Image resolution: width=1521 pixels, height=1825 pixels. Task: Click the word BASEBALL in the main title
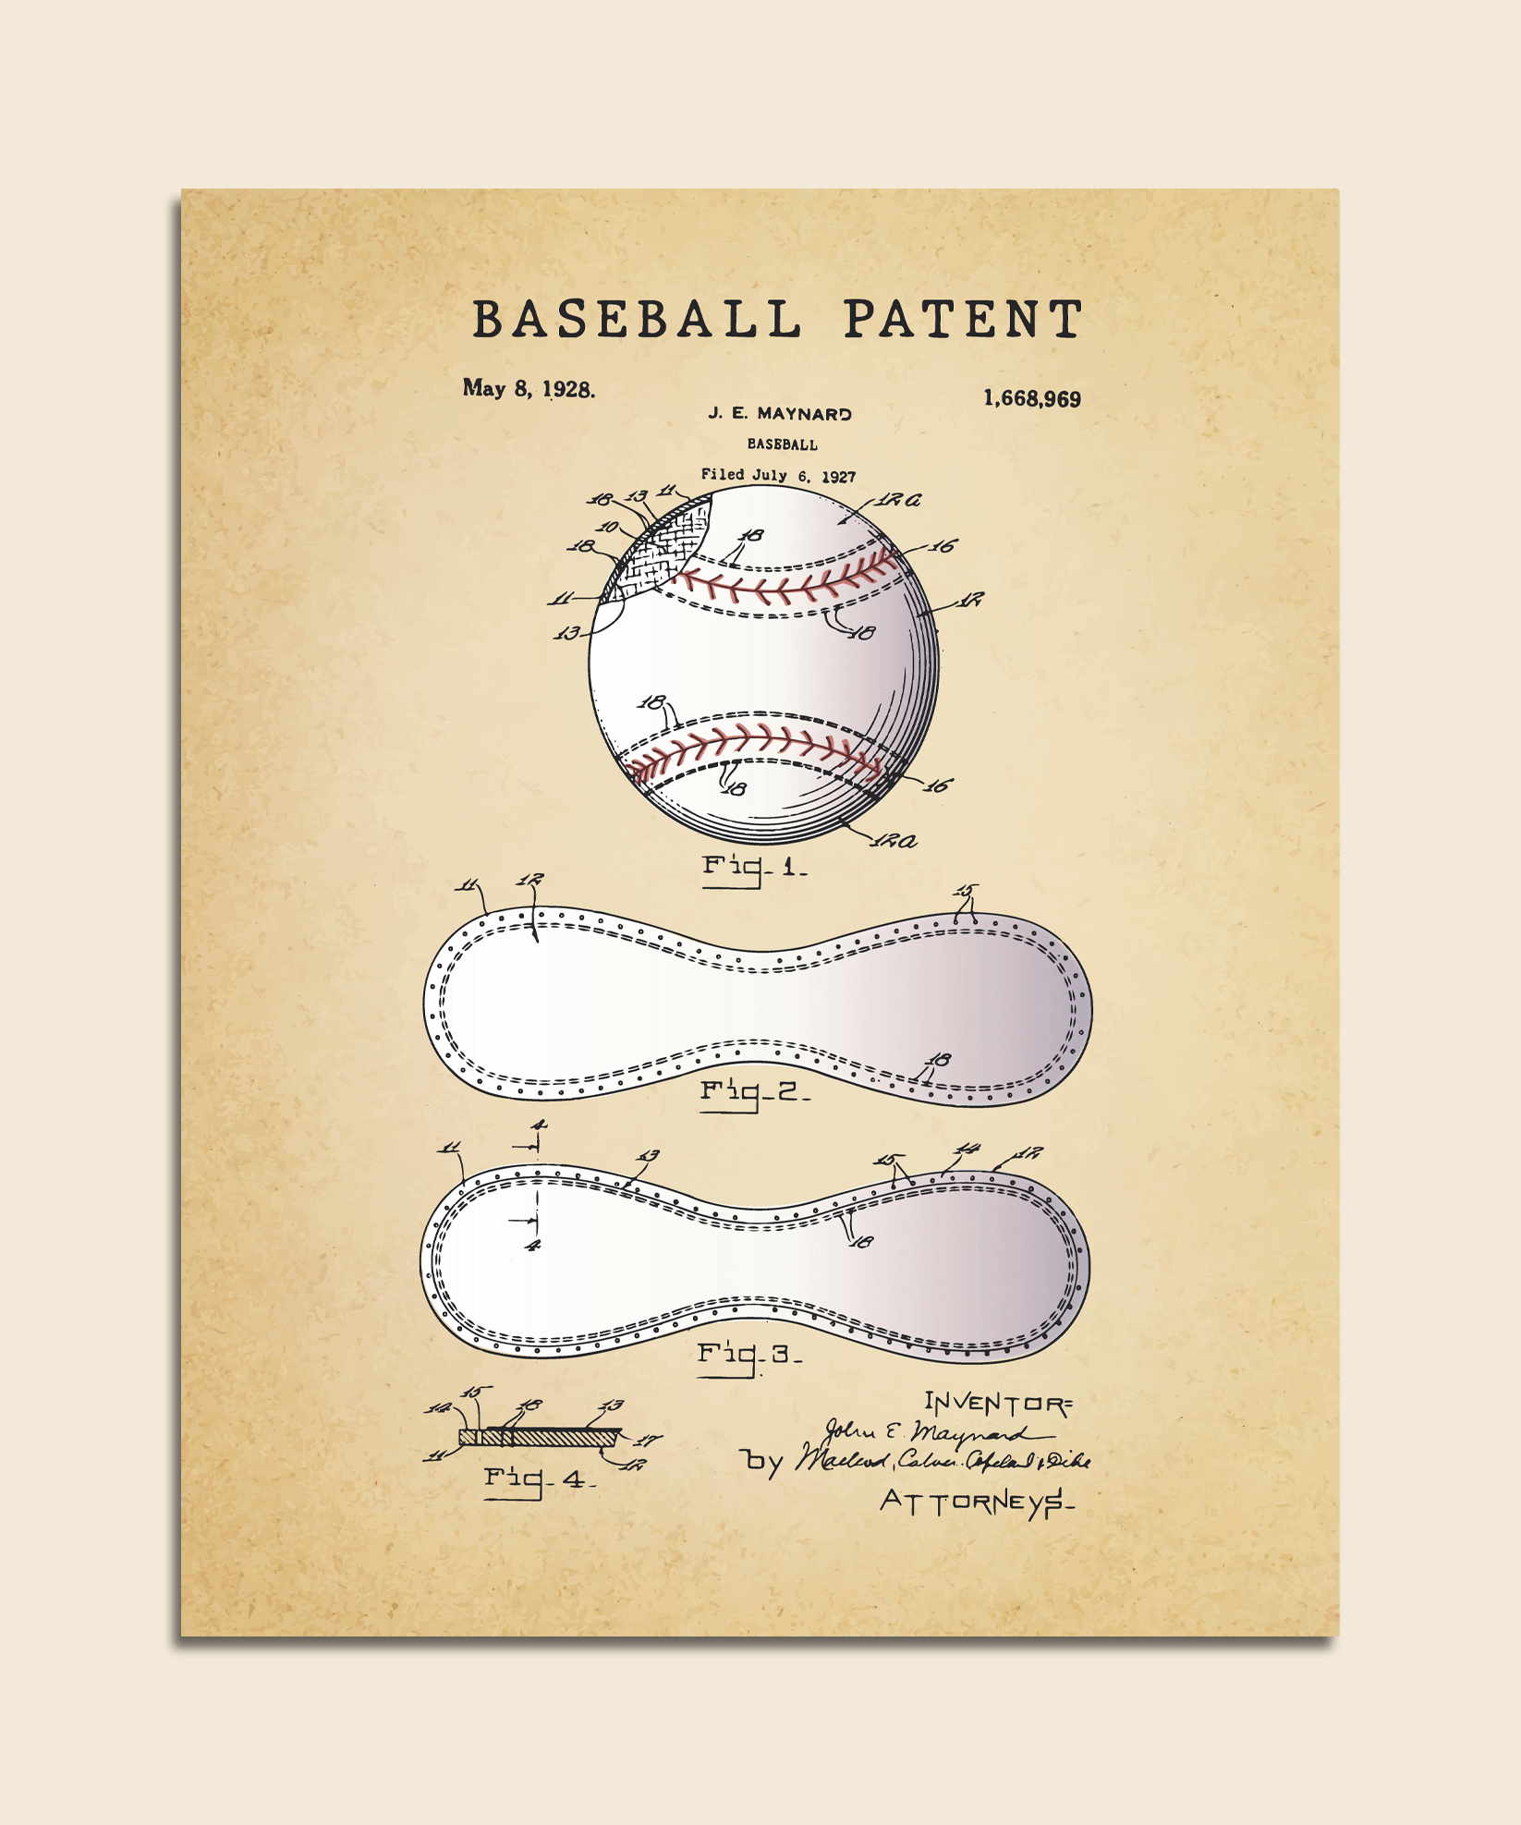pyautogui.click(x=637, y=320)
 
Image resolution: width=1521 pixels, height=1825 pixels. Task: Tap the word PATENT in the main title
pyautogui.click(x=962, y=320)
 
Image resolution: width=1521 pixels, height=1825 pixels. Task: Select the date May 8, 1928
pyautogui.click(x=529, y=389)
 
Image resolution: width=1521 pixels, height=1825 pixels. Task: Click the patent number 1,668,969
pyautogui.click(x=1031, y=399)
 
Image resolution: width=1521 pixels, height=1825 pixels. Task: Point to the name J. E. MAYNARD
pyautogui.click(x=780, y=414)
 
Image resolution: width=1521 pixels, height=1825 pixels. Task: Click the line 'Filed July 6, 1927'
pyautogui.click(x=778, y=476)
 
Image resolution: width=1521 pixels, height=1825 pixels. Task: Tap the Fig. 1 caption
pyautogui.click(x=753, y=868)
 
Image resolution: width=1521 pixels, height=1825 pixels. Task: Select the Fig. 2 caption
pyautogui.click(x=754, y=1093)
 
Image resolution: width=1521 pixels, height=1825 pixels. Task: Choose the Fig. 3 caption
pyautogui.click(x=748, y=1357)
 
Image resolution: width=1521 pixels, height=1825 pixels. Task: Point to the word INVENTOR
pyautogui.click(x=998, y=1405)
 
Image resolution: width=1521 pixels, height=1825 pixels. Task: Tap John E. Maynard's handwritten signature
pyautogui.click(x=933, y=1433)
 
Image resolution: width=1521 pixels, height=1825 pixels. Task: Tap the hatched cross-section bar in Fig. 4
pyautogui.click(x=541, y=1438)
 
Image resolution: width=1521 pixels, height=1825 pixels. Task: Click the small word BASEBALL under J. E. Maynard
pyautogui.click(x=782, y=444)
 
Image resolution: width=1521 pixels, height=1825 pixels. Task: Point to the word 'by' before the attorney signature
pyautogui.click(x=763, y=1461)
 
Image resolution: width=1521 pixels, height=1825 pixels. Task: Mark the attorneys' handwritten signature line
pyautogui.click(x=943, y=1461)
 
